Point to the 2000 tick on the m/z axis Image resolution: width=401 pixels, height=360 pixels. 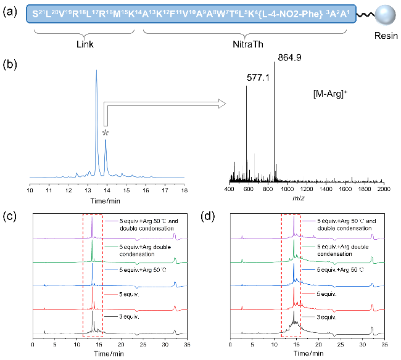383,190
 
